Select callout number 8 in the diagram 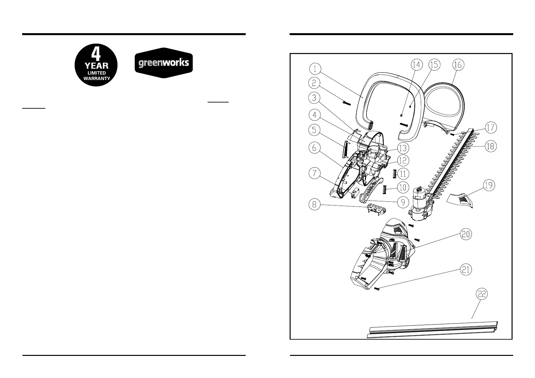pos(314,205)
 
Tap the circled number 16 pos(458,65)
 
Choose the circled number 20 pos(466,234)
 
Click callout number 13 pos(403,148)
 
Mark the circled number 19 pos(489,186)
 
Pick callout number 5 pos(314,130)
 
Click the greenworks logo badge pos(164,63)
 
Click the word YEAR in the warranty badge pos(96,66)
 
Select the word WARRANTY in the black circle pos(96,78)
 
